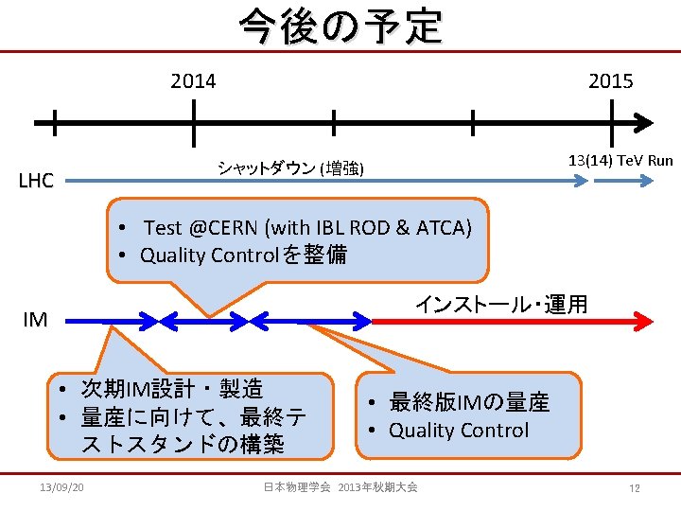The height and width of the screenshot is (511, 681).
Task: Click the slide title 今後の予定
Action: (x=340, y=26)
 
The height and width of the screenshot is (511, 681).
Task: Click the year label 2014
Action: (x=193, y=81)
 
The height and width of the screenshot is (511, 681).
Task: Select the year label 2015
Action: (x=611, y=81)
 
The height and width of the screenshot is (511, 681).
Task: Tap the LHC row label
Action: (x=36, y=181)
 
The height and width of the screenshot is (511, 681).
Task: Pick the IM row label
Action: (x=35, y=320)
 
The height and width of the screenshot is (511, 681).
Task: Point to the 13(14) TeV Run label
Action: (x=620, y=160)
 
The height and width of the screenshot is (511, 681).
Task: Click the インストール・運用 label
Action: (x=501, y=304)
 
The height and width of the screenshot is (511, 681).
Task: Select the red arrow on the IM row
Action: (x=511, y=321)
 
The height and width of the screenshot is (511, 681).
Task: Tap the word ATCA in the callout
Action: (x=441, y=227)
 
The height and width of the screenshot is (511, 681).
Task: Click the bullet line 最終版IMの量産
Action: (x=469, y=402)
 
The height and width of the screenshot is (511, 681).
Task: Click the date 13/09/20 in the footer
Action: (x=63, y=486)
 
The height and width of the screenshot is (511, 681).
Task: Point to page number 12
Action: (x=635, y=487)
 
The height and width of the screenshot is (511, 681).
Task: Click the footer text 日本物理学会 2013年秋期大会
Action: (x=340, y=486)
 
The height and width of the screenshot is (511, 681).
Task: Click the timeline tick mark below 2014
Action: (x=193, y=122)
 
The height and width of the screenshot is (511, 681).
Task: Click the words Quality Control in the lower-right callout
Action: (x=459, y=431)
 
